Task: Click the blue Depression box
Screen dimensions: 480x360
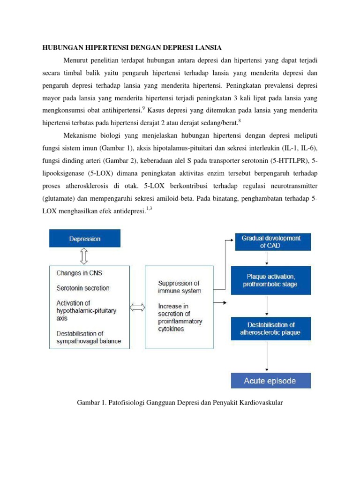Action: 85,238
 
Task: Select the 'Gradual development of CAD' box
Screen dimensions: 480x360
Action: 271,242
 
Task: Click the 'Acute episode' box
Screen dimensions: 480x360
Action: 271,381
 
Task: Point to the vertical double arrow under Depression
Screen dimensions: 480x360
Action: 84,256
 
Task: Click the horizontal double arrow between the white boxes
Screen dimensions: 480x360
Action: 137,307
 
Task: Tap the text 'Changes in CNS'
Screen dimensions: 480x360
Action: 79,273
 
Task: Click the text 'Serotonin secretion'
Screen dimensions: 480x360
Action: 83,288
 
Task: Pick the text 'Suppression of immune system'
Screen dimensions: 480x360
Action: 179,287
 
